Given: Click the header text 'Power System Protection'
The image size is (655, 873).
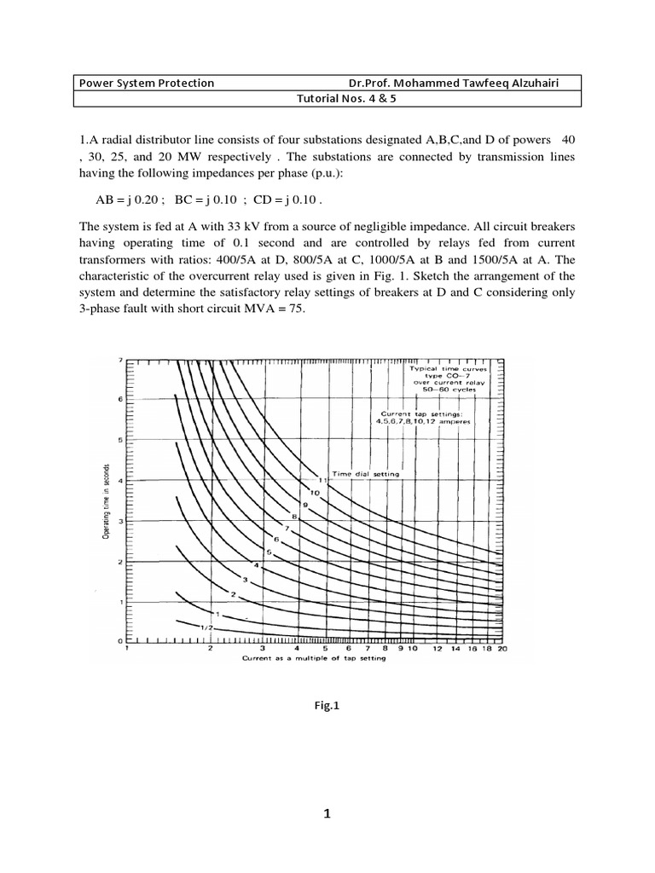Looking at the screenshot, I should coord(147,84).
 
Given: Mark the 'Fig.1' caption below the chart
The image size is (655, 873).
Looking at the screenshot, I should coord(327,706).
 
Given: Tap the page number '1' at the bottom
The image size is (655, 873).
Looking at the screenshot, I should coord(326,813).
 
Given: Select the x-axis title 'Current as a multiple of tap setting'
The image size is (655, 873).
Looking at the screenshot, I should coord(314,658).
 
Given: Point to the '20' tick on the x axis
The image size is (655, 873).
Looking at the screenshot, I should coord(502,649).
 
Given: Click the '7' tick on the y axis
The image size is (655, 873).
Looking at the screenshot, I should coord(119,360).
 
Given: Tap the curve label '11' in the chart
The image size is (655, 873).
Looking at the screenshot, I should coord(324,481).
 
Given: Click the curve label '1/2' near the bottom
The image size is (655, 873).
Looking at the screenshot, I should coord(205,627).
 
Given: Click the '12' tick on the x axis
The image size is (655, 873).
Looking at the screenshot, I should coord(438,649).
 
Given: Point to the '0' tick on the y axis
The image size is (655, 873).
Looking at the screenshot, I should coord(119,640).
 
